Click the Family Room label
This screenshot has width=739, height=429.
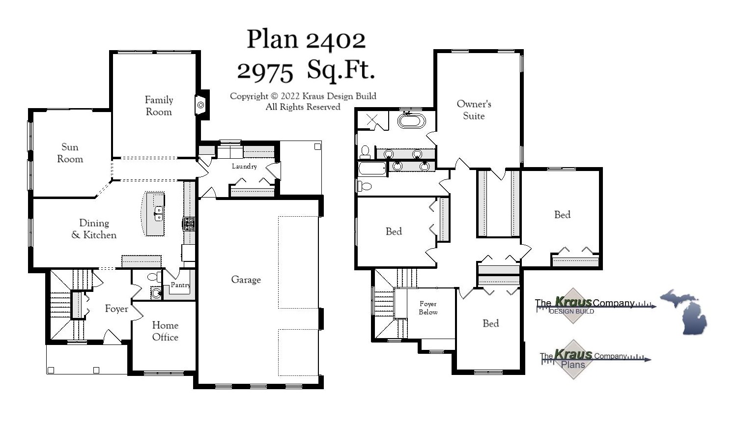coord(159,106)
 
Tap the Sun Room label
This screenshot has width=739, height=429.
coord(70,153)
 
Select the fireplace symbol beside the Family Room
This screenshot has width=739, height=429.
coord(200,105)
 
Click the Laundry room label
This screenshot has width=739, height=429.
coord(244,166)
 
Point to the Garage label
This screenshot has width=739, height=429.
coord(246,280)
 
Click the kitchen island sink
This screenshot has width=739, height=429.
coord(158,213)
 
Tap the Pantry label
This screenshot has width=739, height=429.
coord(180,285)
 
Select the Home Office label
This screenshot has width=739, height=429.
coord(165,331)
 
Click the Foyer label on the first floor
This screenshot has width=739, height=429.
coord(116,309)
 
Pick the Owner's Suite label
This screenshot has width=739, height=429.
coord(474,110)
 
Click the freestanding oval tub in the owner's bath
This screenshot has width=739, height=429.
coord(411,120)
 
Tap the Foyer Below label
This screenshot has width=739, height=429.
coord(428,308)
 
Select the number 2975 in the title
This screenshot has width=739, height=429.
coord(265,72)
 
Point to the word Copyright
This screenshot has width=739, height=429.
coord(249,96)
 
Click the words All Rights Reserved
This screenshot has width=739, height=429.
coord(303,107)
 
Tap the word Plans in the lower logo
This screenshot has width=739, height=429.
coord(573,365)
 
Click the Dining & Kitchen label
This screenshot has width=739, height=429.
coord(94,229)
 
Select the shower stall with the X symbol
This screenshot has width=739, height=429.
coord(372,120)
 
